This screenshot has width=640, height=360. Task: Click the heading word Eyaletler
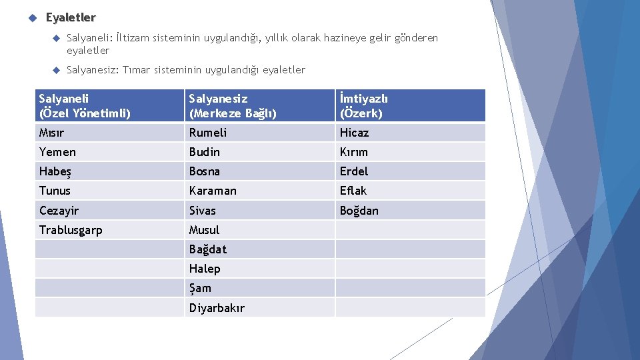[71, 17]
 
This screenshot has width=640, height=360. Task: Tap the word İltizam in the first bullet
[131, 38]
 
